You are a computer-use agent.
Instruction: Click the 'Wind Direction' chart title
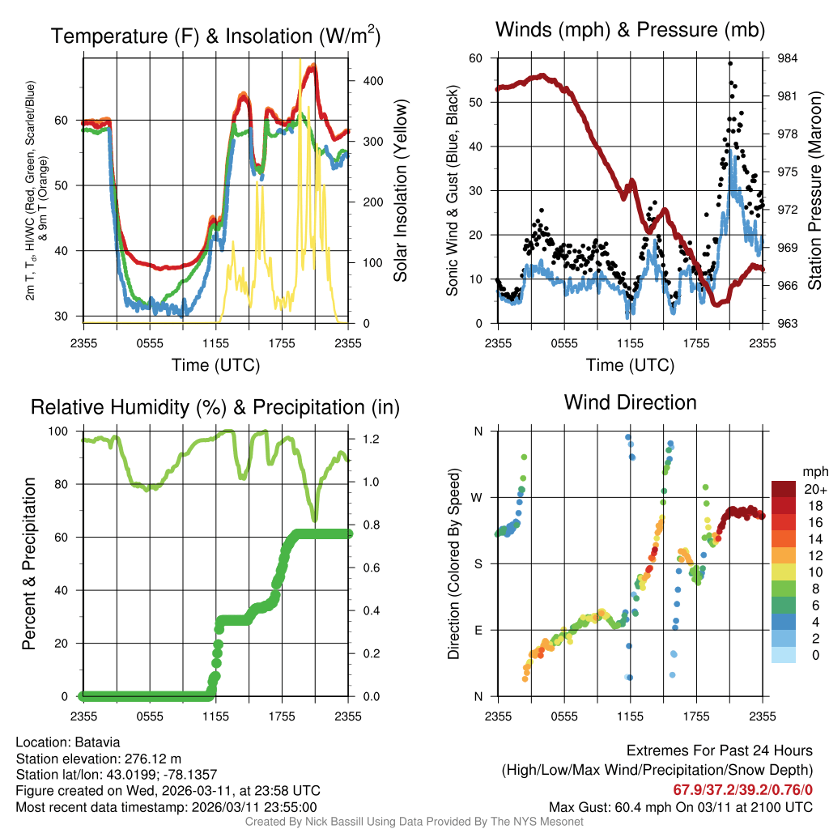coord(630,402)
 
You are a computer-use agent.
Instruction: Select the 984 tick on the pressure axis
coord(788,58)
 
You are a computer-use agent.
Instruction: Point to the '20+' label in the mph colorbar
coord(813,489)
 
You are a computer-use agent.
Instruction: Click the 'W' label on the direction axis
coord(477,497)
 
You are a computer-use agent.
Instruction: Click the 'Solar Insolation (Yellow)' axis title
coord(401,191)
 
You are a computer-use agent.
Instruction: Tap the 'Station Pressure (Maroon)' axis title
coord(815,191)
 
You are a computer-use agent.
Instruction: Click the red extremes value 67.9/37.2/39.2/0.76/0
coord(742,789)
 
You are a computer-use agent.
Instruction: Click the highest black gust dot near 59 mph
coord(730,63)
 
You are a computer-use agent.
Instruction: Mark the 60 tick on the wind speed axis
coord(477,58)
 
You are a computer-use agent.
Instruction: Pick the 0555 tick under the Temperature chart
coord(150,343)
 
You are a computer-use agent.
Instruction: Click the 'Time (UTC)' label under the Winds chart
coord(630,365)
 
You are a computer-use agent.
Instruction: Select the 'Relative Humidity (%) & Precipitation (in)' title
coord(215,407)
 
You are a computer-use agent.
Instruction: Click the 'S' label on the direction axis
coord(478,563)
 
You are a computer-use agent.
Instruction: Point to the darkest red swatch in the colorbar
coord(783,489)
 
